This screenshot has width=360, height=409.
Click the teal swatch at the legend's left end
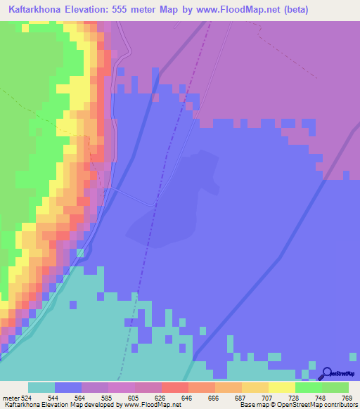tap(41, 387)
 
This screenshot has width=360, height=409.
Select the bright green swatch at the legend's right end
tap(335, 387)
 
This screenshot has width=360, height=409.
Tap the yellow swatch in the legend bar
tap(281, 387)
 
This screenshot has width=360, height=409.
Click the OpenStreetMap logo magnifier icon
tap(327, 373)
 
